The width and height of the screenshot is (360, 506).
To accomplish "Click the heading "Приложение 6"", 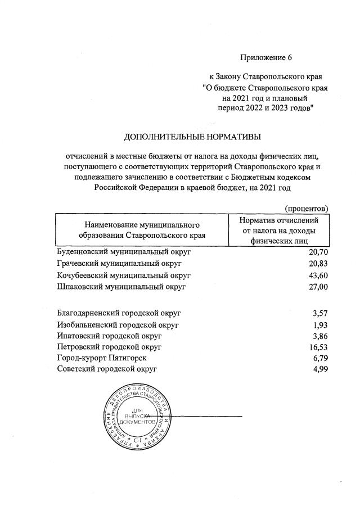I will (267, 57).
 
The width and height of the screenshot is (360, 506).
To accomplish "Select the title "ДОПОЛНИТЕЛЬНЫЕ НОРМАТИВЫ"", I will (193, 136).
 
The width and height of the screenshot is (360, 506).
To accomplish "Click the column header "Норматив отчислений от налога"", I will (279, 230).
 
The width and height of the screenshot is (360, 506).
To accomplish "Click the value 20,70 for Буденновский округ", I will (317, 252).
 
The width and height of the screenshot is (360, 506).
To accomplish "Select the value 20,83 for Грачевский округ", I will (317, 264).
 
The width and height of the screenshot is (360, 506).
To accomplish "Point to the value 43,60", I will (317, 275).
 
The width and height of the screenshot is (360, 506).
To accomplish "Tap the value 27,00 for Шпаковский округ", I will (317, 287).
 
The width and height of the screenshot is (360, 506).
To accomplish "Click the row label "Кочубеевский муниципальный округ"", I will (124, 275).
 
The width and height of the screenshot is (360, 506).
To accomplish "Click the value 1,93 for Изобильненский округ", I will (319, 325).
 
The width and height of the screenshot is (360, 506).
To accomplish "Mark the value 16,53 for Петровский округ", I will (317, 347).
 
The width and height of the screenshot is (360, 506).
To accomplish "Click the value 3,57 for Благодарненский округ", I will (319, 313).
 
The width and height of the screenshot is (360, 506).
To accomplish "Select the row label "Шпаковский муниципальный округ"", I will (121, 287).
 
